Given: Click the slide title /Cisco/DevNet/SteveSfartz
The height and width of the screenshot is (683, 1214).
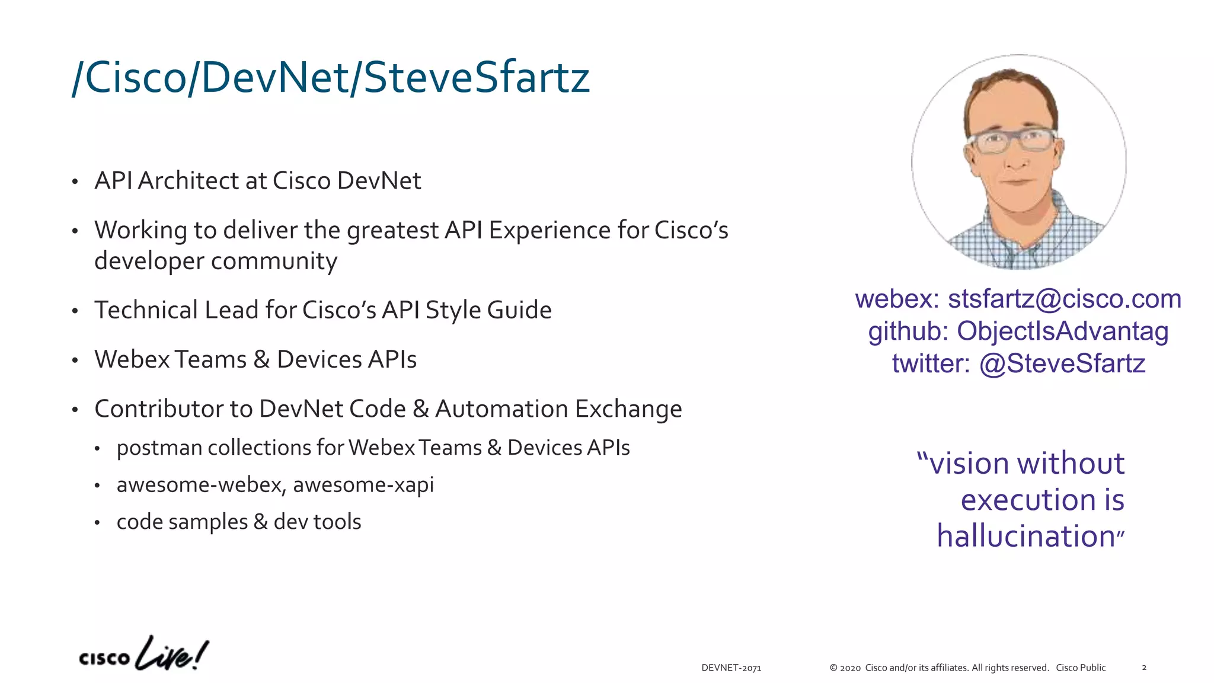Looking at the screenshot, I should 331,78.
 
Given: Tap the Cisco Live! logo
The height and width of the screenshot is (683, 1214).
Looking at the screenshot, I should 143,654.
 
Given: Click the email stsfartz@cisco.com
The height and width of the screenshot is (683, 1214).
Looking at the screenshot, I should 1065,299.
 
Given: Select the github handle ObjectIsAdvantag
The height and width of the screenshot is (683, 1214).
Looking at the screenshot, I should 1062,331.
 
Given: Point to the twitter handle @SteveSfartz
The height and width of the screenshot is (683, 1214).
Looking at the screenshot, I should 1062,363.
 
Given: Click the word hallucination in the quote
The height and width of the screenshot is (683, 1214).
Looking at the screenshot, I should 1026,536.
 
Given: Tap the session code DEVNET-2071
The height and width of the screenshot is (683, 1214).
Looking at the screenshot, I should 731,668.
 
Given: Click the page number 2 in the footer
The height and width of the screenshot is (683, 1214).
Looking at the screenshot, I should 1144,668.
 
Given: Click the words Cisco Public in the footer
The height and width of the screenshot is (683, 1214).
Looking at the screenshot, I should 1081,668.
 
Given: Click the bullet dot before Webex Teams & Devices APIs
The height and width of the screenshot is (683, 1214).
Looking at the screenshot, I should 75,360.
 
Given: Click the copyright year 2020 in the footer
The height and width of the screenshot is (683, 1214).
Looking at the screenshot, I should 850,668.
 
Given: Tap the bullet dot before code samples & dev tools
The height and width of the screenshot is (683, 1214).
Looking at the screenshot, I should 97,523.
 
